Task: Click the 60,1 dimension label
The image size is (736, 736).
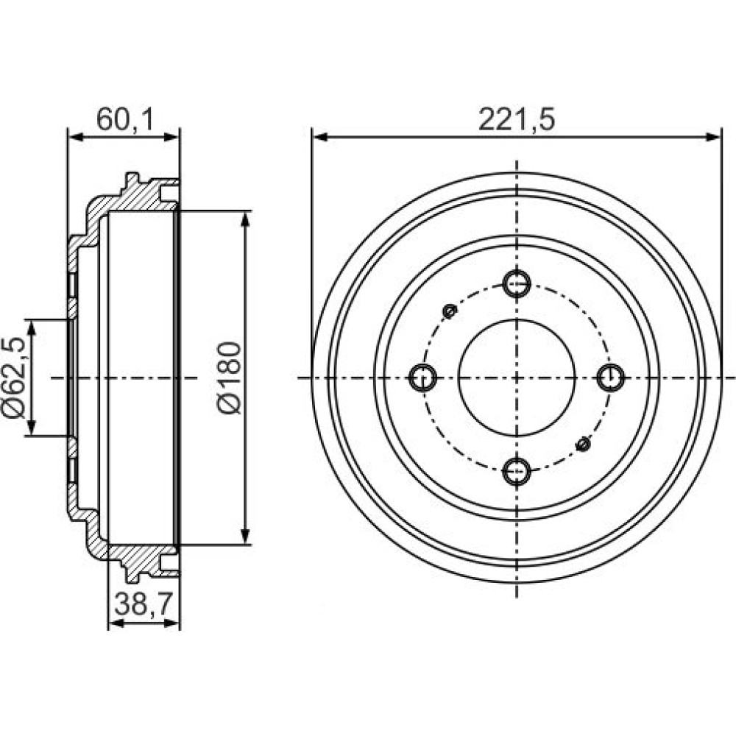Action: click(x=125, y=120)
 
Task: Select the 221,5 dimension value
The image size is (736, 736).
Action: click(x=517, y=120)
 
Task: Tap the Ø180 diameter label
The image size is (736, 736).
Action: click(x=230, y=378)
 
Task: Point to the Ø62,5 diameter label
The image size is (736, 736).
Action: click(x=13, y=377)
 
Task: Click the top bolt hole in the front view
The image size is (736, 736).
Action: click(x=517, y=283)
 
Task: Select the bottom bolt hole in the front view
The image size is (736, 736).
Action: click(x=517, y=471)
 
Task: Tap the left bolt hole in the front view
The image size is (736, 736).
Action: click(x=422, y=378)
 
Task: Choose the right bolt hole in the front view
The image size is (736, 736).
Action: click(x=611, y=378)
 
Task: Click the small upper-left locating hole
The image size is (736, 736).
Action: click(x=450, y=311)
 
